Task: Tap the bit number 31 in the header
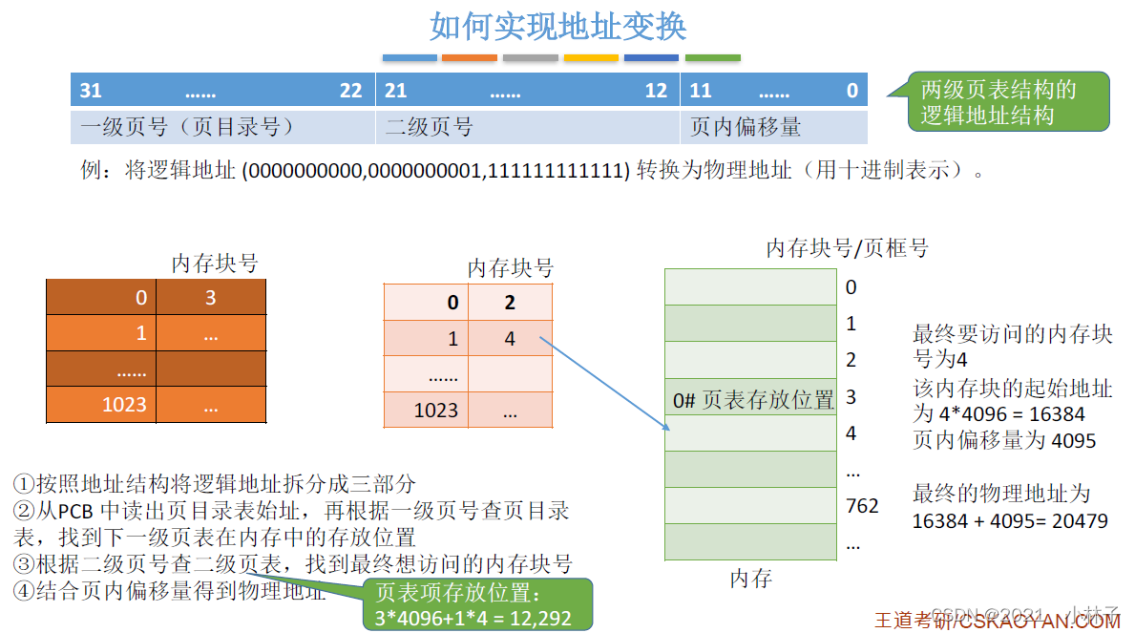coord(91,91)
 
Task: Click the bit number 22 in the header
coord(351,91)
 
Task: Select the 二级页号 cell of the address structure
coord(430,127)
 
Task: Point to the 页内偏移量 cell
coord(746,127)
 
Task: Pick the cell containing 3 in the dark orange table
coord(211,298)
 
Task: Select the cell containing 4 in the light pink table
coord(510,339)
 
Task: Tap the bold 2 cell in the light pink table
coord(510,303)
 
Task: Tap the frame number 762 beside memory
coord(862,506)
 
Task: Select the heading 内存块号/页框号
coord(847,248)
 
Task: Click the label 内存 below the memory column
coord(750,579)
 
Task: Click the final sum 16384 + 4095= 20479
coord(1010,521)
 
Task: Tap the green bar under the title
coord(712,58)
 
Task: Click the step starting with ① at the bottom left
coord(215,484)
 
